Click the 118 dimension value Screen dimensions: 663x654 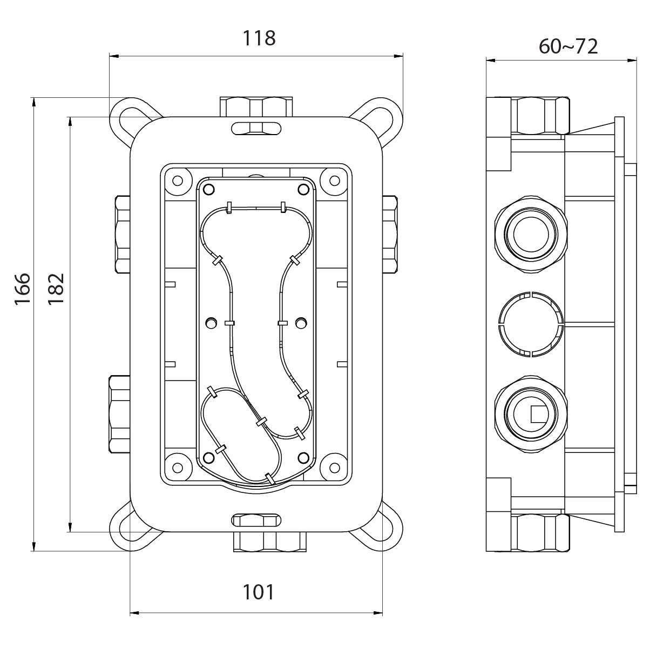coord(259,38)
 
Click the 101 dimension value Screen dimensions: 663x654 coord(259,592)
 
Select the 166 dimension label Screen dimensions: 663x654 coord(23,289)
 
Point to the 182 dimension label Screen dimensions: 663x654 coord(56,289)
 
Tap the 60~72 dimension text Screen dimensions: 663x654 coord(569,46)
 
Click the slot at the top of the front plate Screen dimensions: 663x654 coord(256,128)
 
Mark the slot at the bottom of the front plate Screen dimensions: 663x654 coord(256,520)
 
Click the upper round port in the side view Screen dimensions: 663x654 coord(531,235)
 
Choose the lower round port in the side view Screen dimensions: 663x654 coord(531,414)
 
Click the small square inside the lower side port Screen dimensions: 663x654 coord(539,414)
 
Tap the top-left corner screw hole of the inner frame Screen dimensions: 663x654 coord(178,180)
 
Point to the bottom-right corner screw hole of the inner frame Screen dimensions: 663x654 coord(334,468)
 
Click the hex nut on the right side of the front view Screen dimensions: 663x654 coord(390,235)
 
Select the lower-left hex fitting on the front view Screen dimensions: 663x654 coord(119,414)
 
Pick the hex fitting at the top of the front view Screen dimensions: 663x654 coord(256,107)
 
